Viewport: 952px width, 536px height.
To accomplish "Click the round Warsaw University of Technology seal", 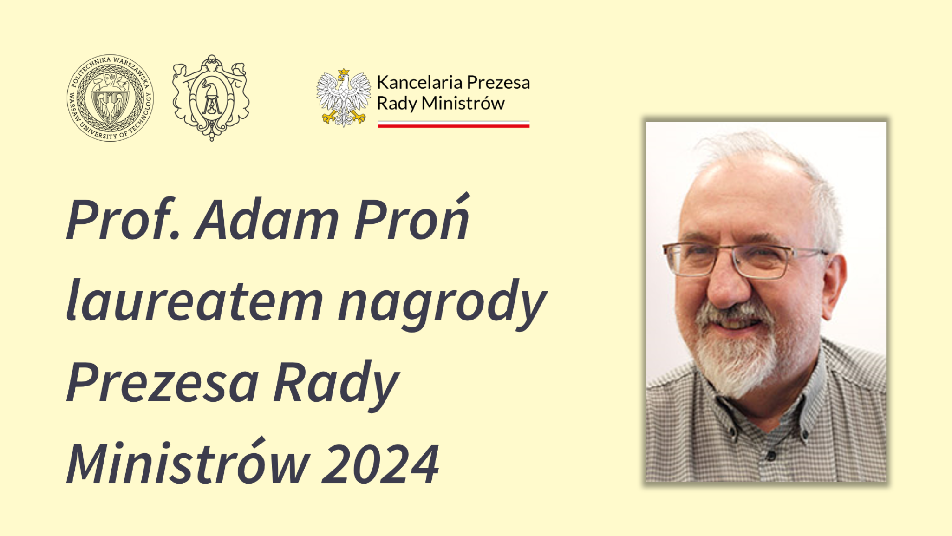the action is pos(110,98).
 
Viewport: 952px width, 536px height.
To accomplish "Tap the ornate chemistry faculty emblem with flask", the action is pos(211,98).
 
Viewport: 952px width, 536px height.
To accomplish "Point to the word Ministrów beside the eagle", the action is pos(463,103).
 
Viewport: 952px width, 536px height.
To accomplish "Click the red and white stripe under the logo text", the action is pos(454,124).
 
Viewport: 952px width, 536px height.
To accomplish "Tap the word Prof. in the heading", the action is pos(123,219).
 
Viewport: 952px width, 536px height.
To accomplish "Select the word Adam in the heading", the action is pos(267,219).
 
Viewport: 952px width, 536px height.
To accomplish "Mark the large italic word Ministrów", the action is pos(188,461).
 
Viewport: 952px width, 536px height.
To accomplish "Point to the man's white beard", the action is pos(738,353).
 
